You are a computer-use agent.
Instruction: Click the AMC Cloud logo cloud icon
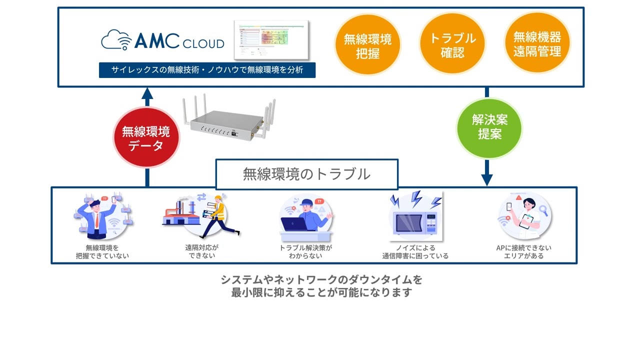[x=116, y=40]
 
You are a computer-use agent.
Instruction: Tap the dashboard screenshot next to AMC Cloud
[x=271, y=40]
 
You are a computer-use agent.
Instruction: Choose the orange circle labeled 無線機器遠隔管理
[x=537, y=44]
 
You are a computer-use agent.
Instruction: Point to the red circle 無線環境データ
[x=146, y=138]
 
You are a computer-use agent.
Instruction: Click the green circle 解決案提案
[x=489, y=127]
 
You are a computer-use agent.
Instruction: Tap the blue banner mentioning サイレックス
[x=207, y=70]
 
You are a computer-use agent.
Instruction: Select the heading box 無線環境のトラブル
[x=306, y=174]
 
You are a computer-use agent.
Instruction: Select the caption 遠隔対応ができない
[x=202, y=251]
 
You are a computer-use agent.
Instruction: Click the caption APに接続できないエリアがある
[x=523, y=251]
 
